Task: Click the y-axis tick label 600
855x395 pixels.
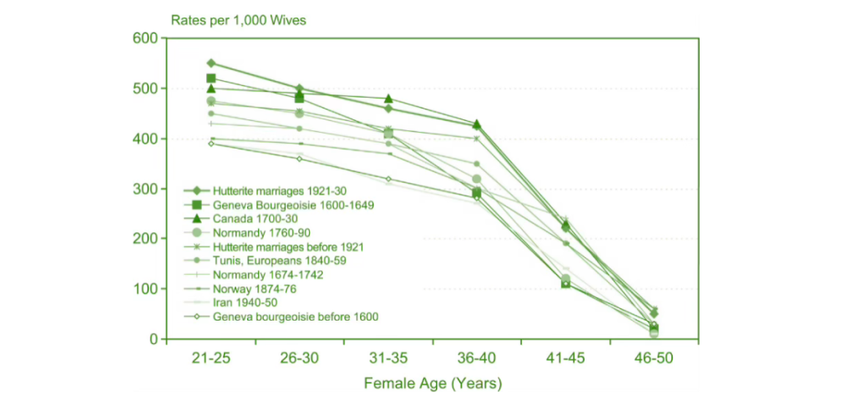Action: pos(146,38)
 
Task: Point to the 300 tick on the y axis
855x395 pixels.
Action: pos(146,189)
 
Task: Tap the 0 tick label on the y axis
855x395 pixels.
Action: pos(153,339)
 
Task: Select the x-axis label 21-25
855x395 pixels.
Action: pos(211,358)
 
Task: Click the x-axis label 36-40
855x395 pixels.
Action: pos(477,358)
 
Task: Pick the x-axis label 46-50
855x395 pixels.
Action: pos(654,358)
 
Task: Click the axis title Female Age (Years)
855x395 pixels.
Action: pos(432,383)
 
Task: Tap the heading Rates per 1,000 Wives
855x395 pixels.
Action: pos(226,18)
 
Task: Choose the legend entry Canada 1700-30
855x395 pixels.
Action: pos(250,219)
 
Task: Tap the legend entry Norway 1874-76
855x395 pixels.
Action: pos(254,288)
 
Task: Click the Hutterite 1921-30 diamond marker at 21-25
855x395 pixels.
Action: pos(211,63)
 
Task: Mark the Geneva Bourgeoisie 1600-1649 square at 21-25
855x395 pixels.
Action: pos(211,78)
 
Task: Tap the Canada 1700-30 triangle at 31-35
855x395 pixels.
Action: pos(388,99)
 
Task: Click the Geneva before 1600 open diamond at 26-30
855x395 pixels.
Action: pos(300,159)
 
